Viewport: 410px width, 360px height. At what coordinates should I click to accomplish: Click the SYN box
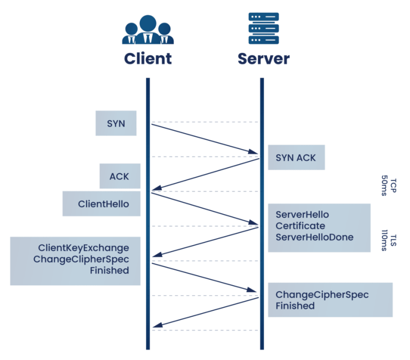[x=116, y=123]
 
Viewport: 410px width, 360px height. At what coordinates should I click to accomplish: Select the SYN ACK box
[x=296, y=158]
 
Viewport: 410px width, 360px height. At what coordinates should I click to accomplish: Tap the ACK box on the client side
[x=120, y=176]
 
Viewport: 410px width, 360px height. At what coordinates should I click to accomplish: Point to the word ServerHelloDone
[x=314, y=237]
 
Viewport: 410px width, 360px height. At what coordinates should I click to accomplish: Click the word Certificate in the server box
[x=300, y=226]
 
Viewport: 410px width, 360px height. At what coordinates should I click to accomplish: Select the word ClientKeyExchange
[x=83, y=248]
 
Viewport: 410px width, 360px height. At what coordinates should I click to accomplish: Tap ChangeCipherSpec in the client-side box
[x=81, y=259]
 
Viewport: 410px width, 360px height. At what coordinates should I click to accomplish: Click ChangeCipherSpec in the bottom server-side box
[x=322, y=295]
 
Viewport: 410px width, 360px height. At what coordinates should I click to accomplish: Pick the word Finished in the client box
[x=110, y=271]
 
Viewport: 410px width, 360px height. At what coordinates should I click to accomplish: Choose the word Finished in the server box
[x=295, y=306]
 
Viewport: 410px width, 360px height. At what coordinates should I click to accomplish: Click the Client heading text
[x=148, y=58]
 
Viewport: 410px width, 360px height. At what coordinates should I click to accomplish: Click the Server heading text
[x=264, y=58]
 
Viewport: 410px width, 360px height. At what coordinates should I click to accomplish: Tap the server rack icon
[x=264, y=28]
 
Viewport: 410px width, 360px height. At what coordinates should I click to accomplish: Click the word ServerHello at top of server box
[x=302, y=215]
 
